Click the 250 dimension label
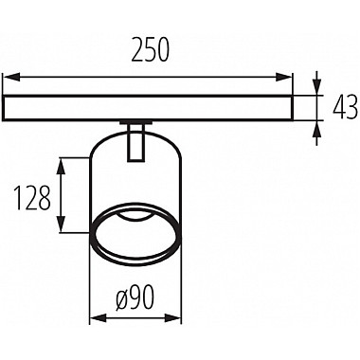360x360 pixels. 151,49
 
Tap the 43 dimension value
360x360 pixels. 346,108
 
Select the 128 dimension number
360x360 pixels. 33,198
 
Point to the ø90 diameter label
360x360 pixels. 135,297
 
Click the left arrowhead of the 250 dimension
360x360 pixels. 11,78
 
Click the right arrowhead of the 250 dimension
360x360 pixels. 284,78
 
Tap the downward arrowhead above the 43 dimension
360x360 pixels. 317,86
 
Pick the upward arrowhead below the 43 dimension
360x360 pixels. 317,129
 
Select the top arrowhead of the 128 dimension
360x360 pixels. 62,167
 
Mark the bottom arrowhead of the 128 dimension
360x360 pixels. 62,225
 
